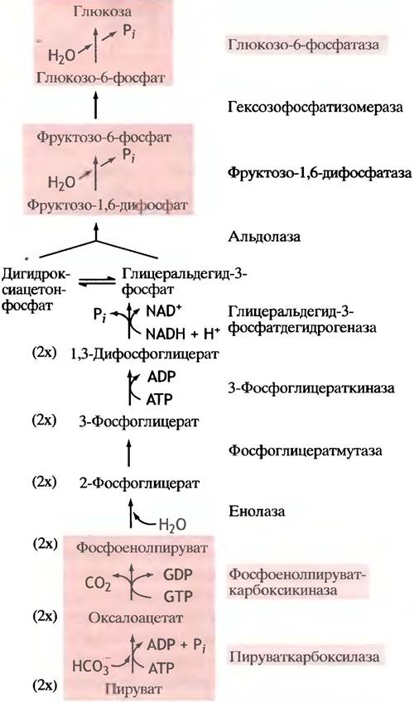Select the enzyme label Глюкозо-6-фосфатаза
[304, 45]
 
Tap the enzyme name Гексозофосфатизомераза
[315, 107]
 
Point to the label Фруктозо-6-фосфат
[103, 137]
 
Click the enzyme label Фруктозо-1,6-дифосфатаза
[320, 173]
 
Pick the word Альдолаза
[264, 237]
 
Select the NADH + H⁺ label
[183, 334]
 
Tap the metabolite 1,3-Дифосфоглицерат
[145, 354]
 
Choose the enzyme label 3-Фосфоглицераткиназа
[311, 387]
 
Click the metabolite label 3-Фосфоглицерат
[139, 421]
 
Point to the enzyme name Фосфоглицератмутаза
[306, 450]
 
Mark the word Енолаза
[257, 512]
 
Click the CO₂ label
[98, 584]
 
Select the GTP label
[178, 596]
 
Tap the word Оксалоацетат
[136, 618]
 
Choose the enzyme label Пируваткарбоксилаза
[305, 656]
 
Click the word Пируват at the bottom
[133, 688]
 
